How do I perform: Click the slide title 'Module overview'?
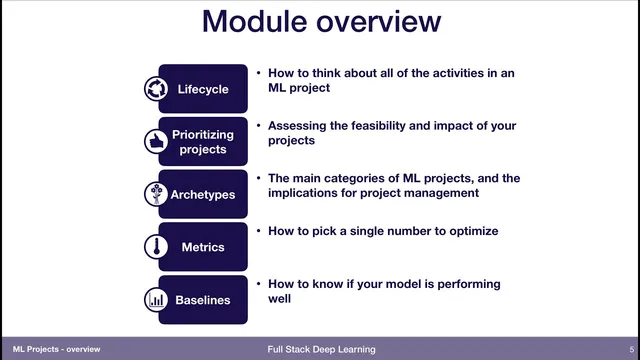coord(320,22)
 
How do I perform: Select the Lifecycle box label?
coord(203,89)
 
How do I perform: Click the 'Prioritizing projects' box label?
coord(203,142)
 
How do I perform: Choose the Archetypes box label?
coord(203,195)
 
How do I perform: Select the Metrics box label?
coord(203,247)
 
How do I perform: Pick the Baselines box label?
coord(203,299)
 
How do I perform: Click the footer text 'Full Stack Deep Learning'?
coord(321,350)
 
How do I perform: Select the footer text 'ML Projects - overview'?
coord(50,350)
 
